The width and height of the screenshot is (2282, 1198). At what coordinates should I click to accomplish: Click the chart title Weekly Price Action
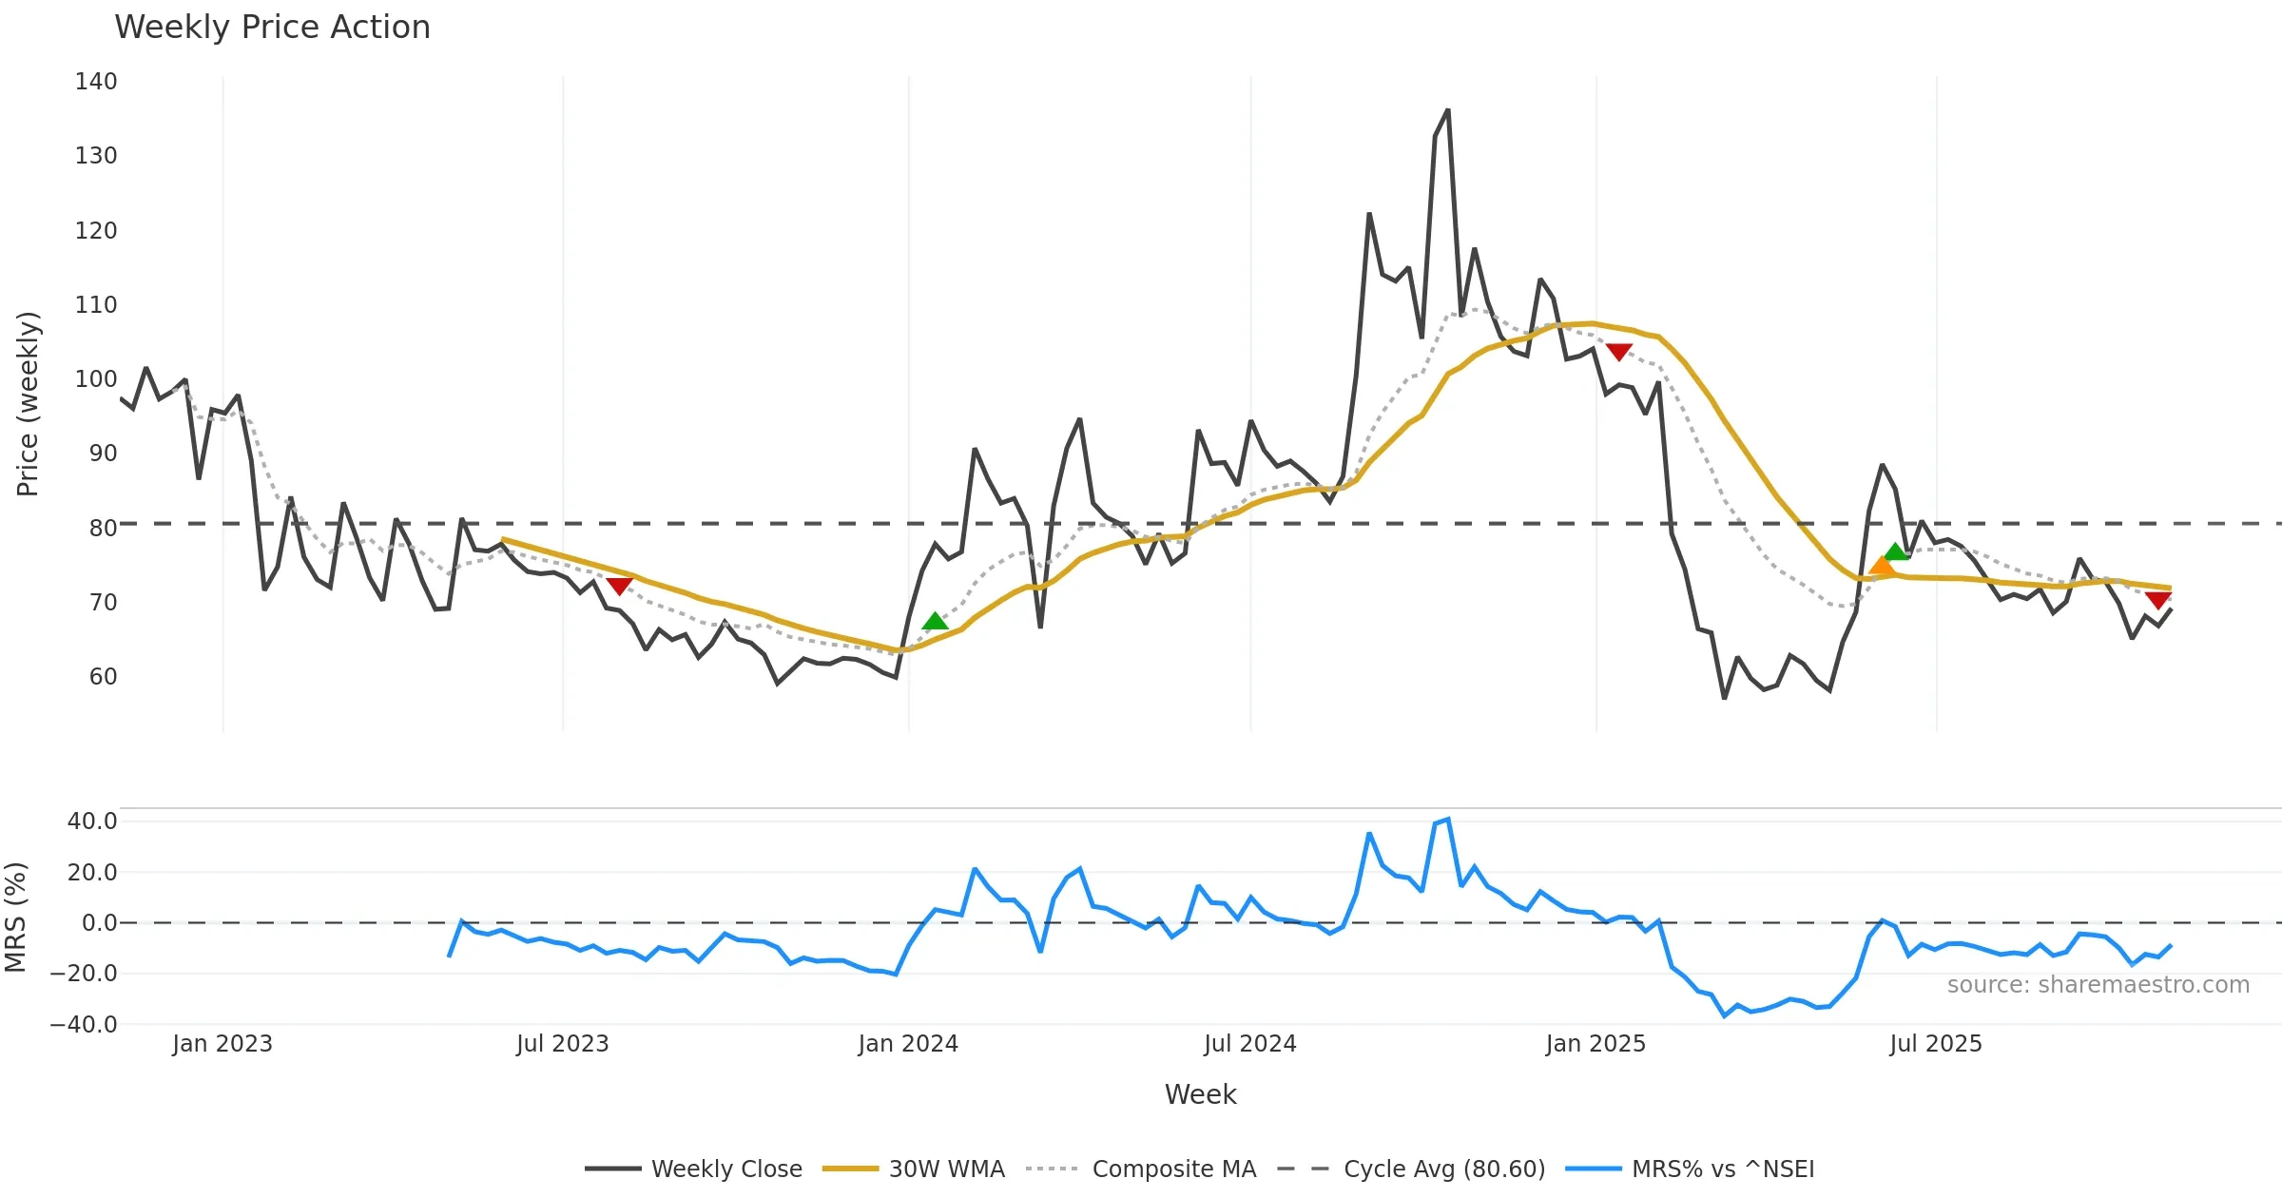pyautogui.click(x=272, y=28)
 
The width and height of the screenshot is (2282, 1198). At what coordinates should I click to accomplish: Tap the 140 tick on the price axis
pyautogui.click(x=96, y=82)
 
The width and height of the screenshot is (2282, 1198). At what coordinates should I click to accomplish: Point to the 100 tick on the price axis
pyautogui.click(x=96, y=379)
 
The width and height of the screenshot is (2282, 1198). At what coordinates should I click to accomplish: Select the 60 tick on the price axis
pyautogui.click(x=103, y=677)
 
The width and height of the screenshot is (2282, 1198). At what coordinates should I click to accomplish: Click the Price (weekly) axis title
pyautogui.click(x=28, y=404)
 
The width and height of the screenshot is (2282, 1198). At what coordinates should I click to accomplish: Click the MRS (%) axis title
pyautogui.click(x=15, y=918)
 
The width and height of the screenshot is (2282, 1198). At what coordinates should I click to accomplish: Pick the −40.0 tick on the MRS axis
pyautogui.click(x=84, y=1025)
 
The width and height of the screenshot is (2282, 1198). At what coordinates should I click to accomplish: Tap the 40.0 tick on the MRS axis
pyautogui.click(x=91, y=821)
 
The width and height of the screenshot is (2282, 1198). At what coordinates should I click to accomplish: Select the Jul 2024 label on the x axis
pyautogui.click(x=1249, y=1044)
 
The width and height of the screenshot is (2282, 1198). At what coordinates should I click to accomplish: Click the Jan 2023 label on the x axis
pyautogui.click(x=222, y=1044)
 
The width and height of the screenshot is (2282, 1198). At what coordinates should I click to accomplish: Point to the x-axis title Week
pyautogui.click(x=1200, y=1095)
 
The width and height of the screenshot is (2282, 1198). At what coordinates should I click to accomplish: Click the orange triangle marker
pyautogui.click(x=1881, y=567)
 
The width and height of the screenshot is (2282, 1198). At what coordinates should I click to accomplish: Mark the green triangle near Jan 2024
pyautogui.click(x=935, y=622)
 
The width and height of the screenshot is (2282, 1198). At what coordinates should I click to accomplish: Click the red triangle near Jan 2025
pyautogui.click(x=1618, y=352)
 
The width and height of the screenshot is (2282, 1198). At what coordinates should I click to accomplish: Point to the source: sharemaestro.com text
pyautogui.click(x=2098, y=985)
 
